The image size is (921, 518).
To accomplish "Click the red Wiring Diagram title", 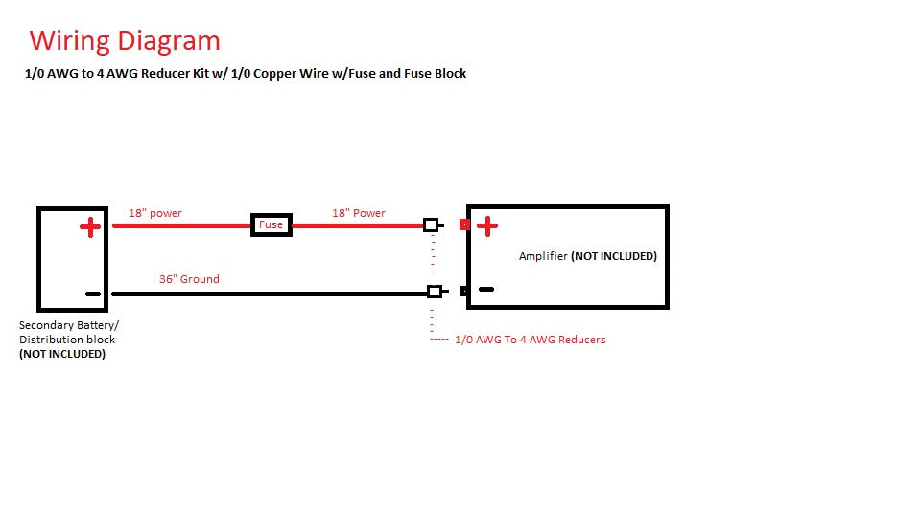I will click(x=125, y=41).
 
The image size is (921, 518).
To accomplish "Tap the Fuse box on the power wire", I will click(x=271, y=225).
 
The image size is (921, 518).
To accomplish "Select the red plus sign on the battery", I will click(x=89, y=227).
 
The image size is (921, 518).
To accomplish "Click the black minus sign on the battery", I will click(x=92, y=294).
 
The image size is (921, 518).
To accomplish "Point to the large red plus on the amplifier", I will click(x=487, y=226).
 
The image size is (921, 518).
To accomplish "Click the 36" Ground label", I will click(x=189, y=279).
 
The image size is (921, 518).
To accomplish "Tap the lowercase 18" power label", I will click(x=155, y=213).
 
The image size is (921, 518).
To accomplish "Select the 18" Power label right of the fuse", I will click(x=359, y=213).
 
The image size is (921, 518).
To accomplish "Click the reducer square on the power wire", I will click(x=431, y=225).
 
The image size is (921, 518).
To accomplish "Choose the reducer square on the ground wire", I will click(x=435, y=292).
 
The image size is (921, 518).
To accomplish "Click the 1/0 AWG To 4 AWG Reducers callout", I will click(x=530, y=340).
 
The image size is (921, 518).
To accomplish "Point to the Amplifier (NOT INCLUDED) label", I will click(x=587, y=256).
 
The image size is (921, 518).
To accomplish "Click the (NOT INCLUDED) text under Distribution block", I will click(x=62, y=354).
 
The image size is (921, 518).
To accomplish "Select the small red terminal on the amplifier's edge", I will click(x=464, y=225).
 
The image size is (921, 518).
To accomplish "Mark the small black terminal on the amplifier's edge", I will click(x=463, y=291).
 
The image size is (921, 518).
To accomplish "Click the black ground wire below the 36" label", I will click(x=269, y=294).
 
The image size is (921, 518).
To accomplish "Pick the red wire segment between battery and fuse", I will click(x=182, y=226).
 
